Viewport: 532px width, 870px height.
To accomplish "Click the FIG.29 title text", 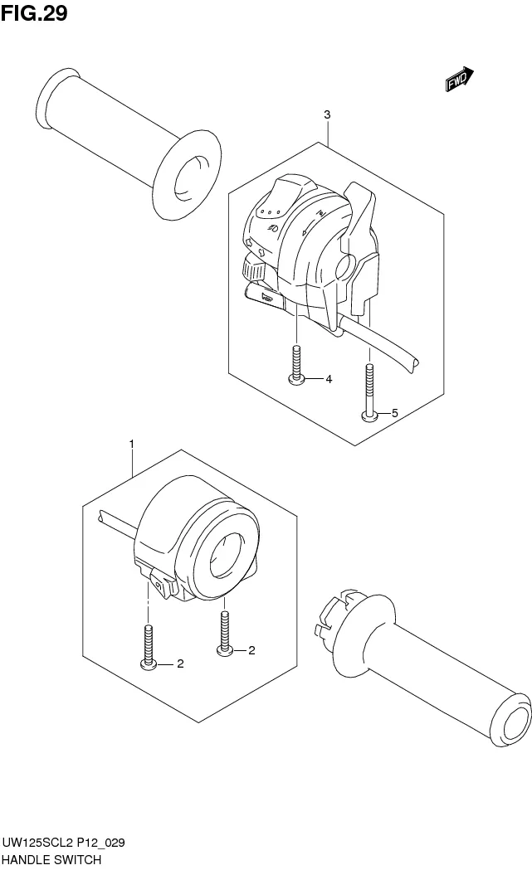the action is click(x=34, y=13).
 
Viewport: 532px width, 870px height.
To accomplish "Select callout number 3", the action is click(x=327, y=114).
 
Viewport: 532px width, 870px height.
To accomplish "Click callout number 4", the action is click(x=329, y=379).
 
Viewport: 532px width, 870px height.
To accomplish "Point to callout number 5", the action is click(x=395, y=413).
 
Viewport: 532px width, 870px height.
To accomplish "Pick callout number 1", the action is click(x=132, y=444).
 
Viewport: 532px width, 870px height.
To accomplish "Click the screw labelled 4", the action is click(x=297, y=365).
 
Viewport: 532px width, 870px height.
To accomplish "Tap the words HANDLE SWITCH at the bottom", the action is click(x=51, y=860).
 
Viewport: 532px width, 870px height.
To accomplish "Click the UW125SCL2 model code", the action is click(x=37, y=843).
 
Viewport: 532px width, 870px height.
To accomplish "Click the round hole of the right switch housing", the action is click(x=226, y=556).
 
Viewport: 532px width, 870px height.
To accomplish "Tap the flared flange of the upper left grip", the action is click(x=187, y=175).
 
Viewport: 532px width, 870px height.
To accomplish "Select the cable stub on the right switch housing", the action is click(x=117, y=523).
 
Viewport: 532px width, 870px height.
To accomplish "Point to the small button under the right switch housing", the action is click(x=162, y=585).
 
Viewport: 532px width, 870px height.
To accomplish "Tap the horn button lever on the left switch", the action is click(x=263, y=294).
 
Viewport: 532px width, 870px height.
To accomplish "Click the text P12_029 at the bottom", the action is click(x=100, y=843).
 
